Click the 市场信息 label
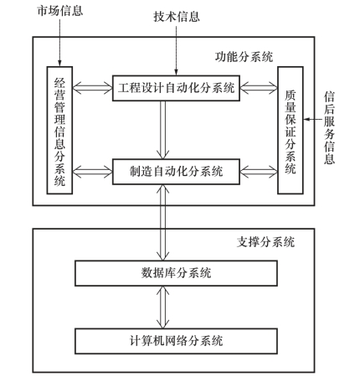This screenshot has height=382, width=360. (x=60, y=11)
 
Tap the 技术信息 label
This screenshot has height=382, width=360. (x=177, y=17)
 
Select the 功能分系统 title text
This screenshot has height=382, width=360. (x=244, y=57)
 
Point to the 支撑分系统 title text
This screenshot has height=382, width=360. (x=265, y=242)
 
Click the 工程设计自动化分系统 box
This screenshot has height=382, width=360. (x=176, y=88)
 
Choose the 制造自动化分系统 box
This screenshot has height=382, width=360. (x=176, y=172)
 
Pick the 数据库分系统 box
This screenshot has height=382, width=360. (x=176, y=273)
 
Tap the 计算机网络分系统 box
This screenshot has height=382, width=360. (x=176, y=341)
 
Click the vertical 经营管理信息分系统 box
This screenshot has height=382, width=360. (x=59, y=130)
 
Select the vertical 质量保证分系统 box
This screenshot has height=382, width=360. (x=291, y=130)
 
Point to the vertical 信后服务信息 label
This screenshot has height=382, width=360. (x=329, y=128)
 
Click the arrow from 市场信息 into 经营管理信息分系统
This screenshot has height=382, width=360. (x=59, y=43)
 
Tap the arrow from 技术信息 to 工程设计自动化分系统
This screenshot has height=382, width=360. (x=176, y=51)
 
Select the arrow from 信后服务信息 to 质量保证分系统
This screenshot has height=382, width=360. (x=313, y=120)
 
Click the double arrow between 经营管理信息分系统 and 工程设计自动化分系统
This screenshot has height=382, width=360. (x=92, y=88)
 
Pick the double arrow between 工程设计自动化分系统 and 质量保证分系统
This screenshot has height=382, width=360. (x=259, y=88)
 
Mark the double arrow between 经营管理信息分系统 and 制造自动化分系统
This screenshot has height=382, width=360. (x=92, y=172)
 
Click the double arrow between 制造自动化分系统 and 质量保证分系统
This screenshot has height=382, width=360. (x=259, y=172)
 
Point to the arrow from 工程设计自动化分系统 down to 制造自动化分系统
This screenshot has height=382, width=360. (x=162, y=130)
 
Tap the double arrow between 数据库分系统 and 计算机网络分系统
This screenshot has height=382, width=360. (x=162, y=307)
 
